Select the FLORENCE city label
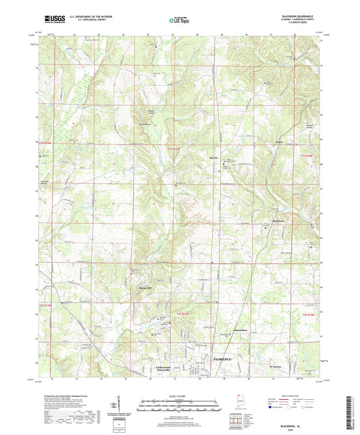[x=223, y=359]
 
